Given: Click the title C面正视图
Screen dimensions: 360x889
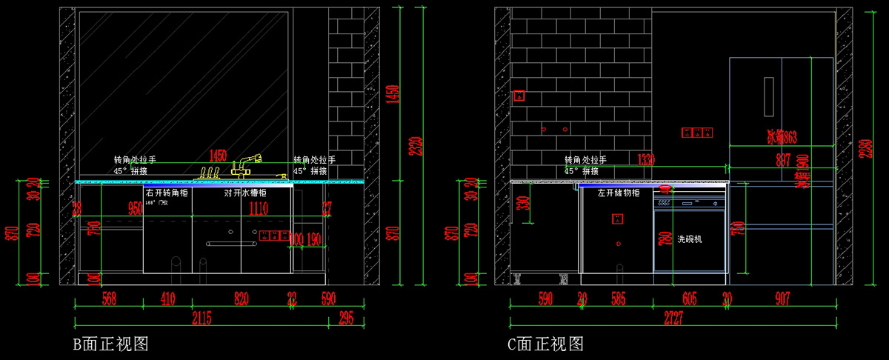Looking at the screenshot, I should click(546, 344).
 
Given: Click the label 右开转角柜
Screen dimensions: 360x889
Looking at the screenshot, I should click(167, 193).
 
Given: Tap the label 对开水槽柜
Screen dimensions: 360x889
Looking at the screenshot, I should click(245, 193).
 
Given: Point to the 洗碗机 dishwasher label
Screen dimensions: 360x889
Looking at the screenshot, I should click(689, 239).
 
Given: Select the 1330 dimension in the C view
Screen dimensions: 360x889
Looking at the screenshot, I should click(647, 159).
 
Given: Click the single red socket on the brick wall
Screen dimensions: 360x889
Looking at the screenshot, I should click(520, 96).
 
